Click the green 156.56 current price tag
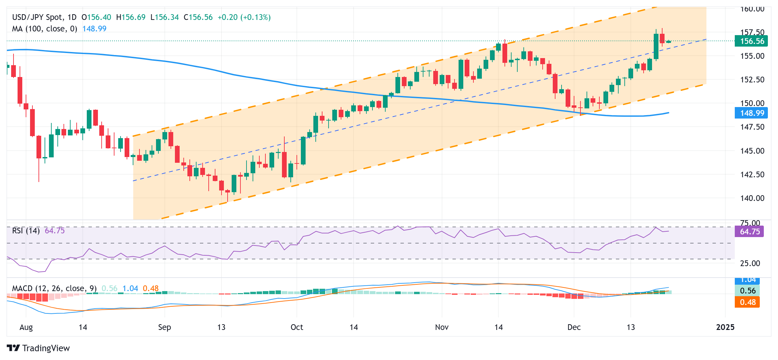click(751, 41)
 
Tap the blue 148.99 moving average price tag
click(751, 113)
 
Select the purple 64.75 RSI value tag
click(749, 232)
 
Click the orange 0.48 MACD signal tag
click(747, 302)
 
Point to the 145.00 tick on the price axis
click(752, 151)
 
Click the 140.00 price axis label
click(752, 198)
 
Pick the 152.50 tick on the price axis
click(752, 80)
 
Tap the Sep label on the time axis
click(164, 327)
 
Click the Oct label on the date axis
click(297, 327)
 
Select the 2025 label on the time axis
click(725, 327)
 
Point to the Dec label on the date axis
click(574, 327)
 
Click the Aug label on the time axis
click(26, 327)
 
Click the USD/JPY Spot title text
click(37, 17)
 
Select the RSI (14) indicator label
click(26, 231)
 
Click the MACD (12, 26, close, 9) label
click(54, 288)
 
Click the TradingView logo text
click(46, 348)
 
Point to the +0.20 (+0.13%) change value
click(244, 17)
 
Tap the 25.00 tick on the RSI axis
click(750, 263)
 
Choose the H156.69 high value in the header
click(131, 17)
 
